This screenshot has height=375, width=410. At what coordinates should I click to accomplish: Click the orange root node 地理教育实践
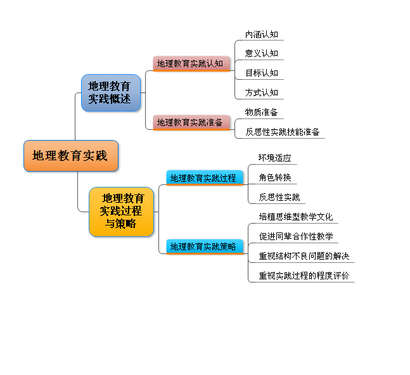coord(71,156)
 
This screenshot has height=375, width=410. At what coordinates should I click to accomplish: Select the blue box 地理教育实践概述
coord(111,92)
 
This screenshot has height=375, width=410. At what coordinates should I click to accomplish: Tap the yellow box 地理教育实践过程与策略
coord(121,212)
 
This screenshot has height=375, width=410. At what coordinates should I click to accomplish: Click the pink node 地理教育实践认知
coord(191,63)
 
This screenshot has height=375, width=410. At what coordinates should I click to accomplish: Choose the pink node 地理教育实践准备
coord(191,122)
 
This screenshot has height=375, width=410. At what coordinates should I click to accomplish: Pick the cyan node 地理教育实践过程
coord(205,178)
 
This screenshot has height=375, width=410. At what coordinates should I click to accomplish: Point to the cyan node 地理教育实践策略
coord(205,246)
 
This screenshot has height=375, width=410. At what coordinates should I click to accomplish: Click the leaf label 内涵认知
coord(262,34)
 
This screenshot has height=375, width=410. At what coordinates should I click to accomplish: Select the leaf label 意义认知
coord(262,53)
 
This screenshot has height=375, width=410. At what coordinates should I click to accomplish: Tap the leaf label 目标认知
coord(262,73)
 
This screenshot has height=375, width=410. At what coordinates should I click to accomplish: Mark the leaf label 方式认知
coord(262,92)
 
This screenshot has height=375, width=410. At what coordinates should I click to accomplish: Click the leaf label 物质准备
coord(262,112)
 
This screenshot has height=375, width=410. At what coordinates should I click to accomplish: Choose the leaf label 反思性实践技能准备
coord(283,132)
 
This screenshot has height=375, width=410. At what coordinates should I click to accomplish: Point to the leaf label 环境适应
coord(275,158)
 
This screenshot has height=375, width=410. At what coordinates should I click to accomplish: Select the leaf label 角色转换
coord(275,177)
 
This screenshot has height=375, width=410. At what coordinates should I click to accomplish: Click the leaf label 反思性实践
coord(279,197)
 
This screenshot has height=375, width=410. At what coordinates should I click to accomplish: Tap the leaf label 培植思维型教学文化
coord(296,217)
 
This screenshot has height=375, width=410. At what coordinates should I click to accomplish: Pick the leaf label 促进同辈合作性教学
coord(296,236)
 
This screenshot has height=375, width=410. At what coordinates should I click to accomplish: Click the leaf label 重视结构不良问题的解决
coord(304,256)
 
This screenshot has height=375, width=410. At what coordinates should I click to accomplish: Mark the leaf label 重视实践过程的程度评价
coord(304,276)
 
